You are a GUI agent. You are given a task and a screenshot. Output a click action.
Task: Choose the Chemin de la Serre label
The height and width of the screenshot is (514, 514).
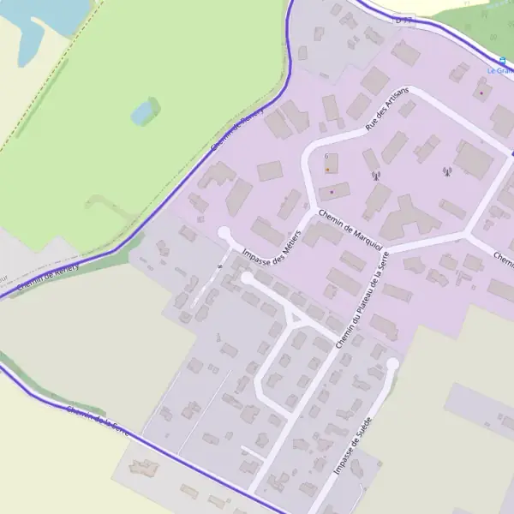point(98,421)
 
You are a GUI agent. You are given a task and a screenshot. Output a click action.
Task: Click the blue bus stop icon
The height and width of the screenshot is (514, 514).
point(502,61)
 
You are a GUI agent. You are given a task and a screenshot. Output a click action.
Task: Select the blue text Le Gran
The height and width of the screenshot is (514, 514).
point(499,70)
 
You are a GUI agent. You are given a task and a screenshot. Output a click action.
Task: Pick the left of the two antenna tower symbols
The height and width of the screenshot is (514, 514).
point(375,176)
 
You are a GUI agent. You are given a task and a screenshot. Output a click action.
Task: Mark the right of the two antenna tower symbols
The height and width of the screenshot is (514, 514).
point(446,172)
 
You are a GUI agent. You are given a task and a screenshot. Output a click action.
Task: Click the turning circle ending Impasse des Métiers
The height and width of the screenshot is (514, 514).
point(224,232)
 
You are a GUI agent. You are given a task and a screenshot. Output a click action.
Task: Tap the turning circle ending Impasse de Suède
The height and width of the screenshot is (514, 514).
point(392,364)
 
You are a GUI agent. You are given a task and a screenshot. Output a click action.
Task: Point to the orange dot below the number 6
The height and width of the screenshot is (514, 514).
point(327,170)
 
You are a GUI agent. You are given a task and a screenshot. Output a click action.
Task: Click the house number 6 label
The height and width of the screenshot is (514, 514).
point(326,156)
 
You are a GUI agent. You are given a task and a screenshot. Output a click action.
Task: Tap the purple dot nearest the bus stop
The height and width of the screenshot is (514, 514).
point(481,92)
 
